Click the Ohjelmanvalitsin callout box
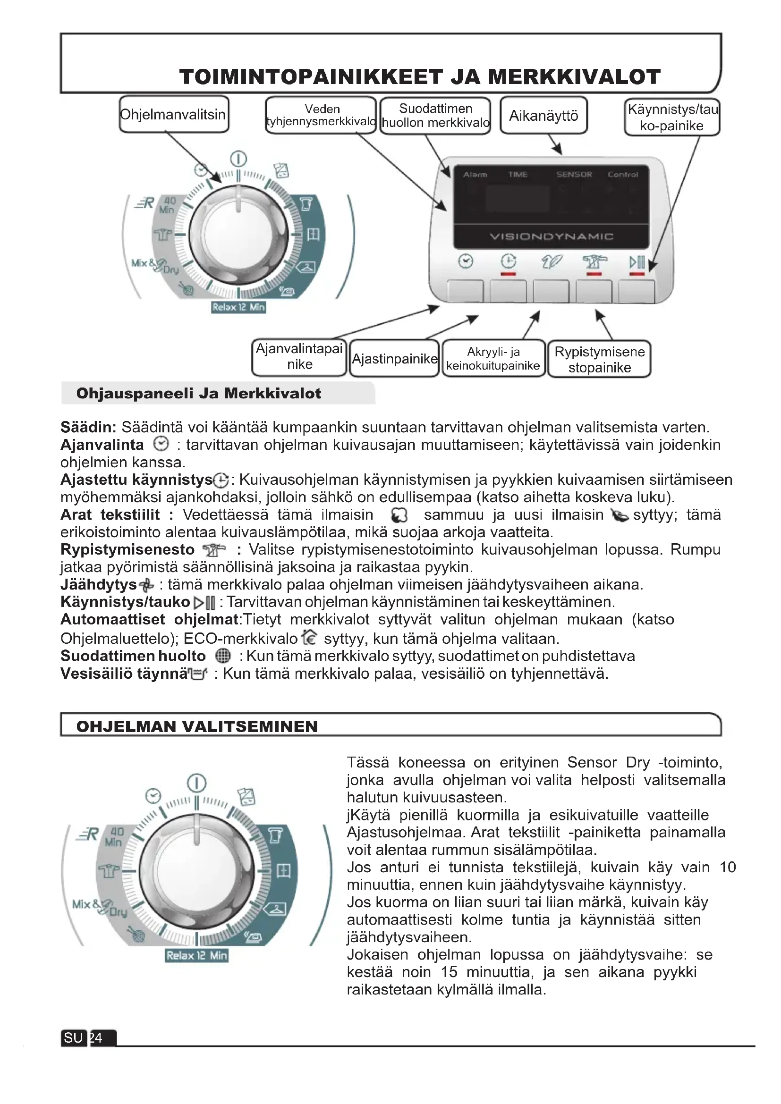click(174, 114)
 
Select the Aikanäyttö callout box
click(543, 115)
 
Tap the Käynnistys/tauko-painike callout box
click(672, 117)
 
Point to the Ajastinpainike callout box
click(394, 359)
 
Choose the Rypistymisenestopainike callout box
click(599, 359)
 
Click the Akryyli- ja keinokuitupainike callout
click(493, 359)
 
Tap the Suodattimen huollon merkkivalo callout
click(435, 115)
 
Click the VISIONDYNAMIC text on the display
click(551, 236)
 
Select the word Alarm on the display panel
click(475, 175)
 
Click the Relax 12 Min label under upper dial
click(238, 307)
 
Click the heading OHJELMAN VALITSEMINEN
click(197, 726)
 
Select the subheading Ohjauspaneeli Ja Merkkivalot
click(199, 393)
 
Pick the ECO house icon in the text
click(309, 638)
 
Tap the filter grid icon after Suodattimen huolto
click(223, 656)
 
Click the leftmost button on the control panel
click(465, 291)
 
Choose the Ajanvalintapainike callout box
click(299, 357)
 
